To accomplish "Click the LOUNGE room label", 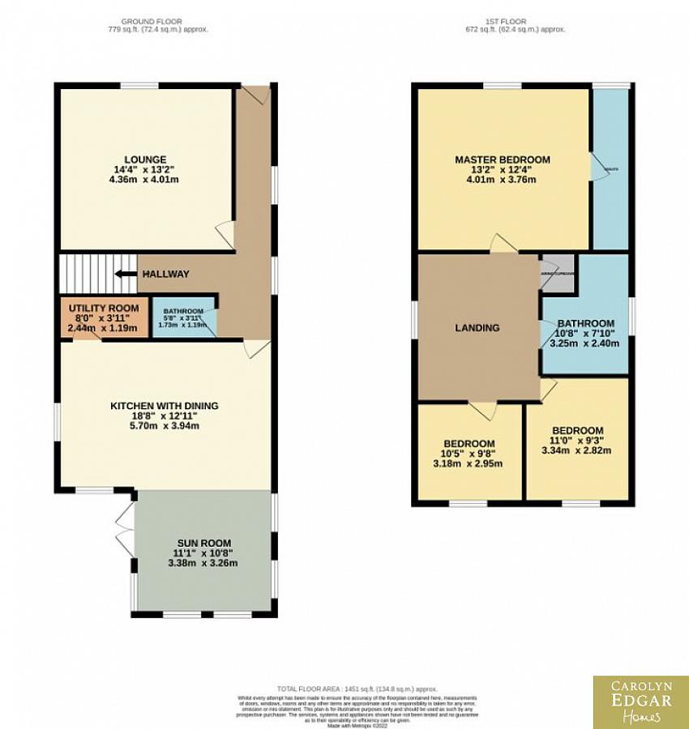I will tap(145, 160).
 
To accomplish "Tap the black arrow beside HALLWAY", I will tap(125, 274).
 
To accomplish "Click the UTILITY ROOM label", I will tap(103, 309).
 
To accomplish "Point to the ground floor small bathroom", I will tap(185, 318).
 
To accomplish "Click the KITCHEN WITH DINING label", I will tap(165, 406).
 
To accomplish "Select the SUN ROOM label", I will tap(204, 543).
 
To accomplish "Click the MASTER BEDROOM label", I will tap(502, 160).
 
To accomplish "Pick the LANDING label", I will tap(477, 328).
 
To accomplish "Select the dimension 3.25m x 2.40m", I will tap(584, 343).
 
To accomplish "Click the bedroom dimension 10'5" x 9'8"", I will tap(469, 454).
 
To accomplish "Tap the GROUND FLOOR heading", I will tap(152, 20).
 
